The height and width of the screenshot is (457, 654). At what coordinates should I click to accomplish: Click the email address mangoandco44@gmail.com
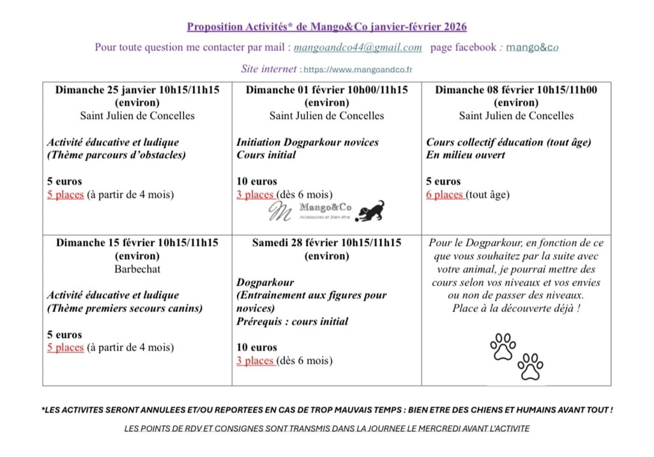pos(358,47)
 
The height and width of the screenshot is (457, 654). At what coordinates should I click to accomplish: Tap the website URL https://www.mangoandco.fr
pos(358,69)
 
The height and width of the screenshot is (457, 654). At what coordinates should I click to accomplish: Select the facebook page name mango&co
pos(533,47)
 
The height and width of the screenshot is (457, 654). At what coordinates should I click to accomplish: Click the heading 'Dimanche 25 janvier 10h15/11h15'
pos(137,90)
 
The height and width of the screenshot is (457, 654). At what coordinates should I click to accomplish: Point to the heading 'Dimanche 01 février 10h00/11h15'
pos(326,90)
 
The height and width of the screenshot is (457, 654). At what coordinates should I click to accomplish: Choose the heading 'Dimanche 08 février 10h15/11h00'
pos(516,90)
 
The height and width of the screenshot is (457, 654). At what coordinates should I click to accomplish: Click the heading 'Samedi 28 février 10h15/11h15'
pos(326,243)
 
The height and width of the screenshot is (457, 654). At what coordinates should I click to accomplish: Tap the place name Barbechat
pos(137,269)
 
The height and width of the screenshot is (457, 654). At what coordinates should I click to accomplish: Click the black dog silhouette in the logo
pos(370,211)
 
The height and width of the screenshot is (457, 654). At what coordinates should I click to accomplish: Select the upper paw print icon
pos(503,346)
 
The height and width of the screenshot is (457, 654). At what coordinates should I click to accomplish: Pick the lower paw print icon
pos(530,366)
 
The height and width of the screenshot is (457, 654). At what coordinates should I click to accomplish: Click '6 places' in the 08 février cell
pos(445,195)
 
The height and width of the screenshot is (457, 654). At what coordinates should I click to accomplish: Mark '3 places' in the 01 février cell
pos(255,195)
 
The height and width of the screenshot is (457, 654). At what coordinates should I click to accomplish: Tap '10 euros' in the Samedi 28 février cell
pos(257,348)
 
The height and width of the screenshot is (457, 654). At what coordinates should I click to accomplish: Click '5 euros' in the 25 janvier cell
pos(65,182)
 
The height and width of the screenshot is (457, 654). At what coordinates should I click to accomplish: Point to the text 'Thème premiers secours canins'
pos(125,308)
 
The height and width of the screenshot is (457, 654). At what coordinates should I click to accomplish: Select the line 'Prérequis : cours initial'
pos(292,321)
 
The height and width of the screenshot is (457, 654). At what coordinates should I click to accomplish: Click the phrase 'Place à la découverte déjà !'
pos(516,309)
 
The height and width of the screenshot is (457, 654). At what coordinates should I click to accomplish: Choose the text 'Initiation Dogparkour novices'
pos(307,143)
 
